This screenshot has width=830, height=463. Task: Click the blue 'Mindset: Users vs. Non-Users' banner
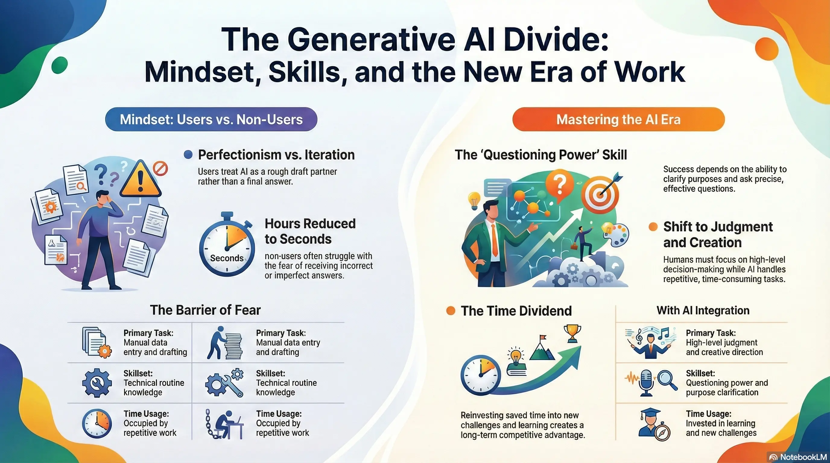pos(211,119)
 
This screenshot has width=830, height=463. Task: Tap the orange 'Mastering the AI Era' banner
pos(618,119)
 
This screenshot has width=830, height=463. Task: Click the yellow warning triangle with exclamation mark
pos(141,179)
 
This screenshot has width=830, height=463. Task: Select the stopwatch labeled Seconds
pos(227,245)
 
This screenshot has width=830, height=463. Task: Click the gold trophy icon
pos(572,334)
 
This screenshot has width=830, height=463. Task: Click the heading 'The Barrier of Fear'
pos(205,310)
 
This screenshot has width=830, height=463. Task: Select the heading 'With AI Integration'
pos(703,310)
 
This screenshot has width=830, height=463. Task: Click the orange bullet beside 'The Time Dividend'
pos(451,311)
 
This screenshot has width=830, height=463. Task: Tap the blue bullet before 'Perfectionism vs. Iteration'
pos(188,155)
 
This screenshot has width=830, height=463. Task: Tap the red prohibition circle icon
pos(160,169)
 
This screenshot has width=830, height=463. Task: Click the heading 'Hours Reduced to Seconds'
pos(310,231)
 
